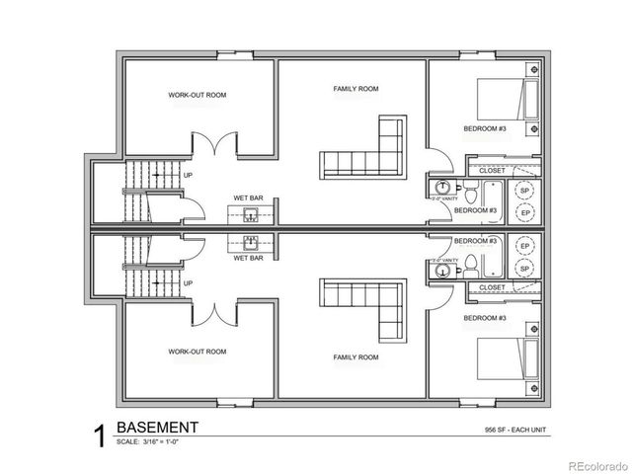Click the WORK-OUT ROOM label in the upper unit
click(x=197, y=96)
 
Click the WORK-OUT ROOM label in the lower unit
click(x=197, y=352)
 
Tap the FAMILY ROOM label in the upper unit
click(x=355, y=89)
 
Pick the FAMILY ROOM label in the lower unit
click(x=355, y=356)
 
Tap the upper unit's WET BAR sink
click(x=251, y=215)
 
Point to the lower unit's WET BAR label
click(x=247, y=258)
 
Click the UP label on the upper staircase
click(x=188, y=176)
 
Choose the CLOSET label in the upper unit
click(x=491, y=170)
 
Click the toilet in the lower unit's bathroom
click(x=473, y=263)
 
